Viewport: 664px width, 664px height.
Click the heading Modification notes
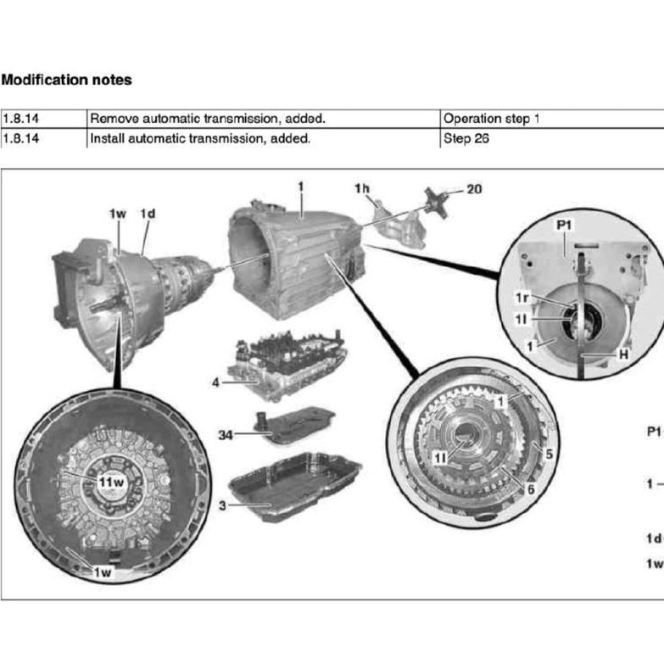coord(66,81)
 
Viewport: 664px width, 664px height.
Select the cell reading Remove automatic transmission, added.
coord(208,119)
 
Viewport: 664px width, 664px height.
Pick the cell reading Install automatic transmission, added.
coord(200,137)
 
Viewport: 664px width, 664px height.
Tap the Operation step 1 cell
coord(491,119)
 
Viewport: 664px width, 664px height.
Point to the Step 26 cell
coord(466,137)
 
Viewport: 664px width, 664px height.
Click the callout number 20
coord(474,188)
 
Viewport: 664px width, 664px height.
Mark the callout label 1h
coord(362,188)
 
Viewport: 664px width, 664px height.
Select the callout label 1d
coord(148,213)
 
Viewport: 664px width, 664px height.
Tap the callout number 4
coord(215,383)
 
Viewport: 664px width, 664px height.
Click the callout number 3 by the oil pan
coord(222,505)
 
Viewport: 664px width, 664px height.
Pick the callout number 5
coord(549,454)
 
